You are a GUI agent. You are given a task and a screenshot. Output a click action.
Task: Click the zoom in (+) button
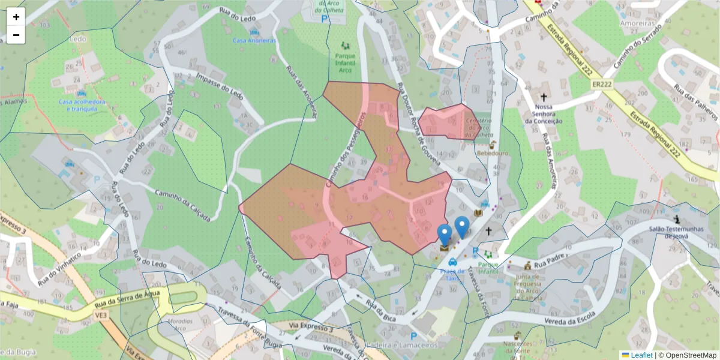[x=16, y=17]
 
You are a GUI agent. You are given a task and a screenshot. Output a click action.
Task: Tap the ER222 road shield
[x=601, y=85]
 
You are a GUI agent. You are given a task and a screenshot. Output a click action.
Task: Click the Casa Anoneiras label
[x=254, y=40]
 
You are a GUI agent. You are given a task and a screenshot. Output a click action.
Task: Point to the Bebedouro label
[x=492, y=153]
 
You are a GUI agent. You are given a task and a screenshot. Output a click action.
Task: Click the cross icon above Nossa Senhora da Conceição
[x=544, y=97]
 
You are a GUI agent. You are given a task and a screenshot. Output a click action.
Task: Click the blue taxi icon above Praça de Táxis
[x=452, y=262]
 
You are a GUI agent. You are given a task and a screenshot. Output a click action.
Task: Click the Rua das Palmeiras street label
[x=695, y=103]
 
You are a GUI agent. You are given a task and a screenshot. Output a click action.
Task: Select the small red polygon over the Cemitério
[x=447, y=122]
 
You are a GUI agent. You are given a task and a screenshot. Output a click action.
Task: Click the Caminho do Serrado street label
[x=640, y=45]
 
